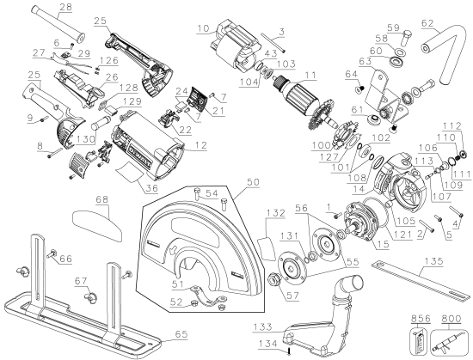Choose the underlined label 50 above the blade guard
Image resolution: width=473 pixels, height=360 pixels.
(252, 184)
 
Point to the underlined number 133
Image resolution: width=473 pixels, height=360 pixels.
(265, 326)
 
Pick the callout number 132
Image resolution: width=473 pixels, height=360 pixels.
(277, 212)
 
